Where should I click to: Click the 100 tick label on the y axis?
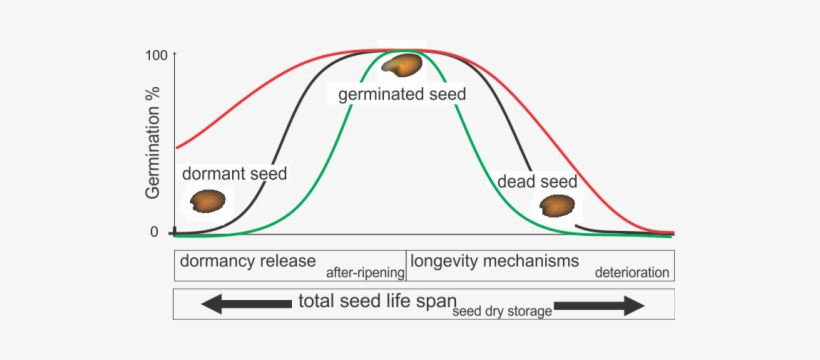point(156,54)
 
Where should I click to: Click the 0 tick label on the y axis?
point(155,232)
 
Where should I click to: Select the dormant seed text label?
point(235,174)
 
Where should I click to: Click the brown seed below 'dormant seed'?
point(209,201)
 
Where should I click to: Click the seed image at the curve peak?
point(403,65)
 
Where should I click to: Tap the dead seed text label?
point(538,183)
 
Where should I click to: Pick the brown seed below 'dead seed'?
point(556,206)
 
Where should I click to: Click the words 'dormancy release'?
point(248,262)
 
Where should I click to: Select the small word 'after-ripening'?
point(365,271)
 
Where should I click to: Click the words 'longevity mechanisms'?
point(494,262)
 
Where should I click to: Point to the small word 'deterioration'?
point(632,271)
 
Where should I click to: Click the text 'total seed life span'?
point(377,301)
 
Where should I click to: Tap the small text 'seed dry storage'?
point(502,311)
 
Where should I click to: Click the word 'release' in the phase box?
point(286,262)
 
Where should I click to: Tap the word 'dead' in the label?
point(517,183)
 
